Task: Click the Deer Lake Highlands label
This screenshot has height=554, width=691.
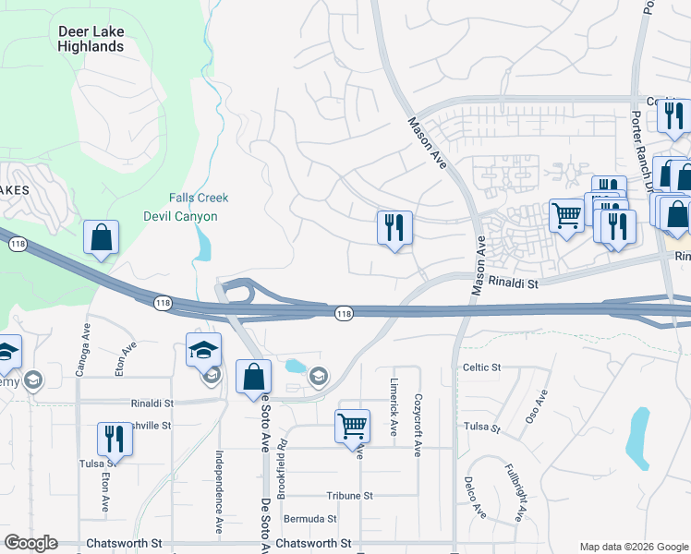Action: tap(91, 39)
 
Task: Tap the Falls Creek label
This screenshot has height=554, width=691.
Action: tap(199, 198)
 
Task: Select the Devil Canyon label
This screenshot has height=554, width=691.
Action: tap(180, 216)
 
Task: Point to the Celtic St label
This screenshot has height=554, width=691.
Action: tap(480, 367)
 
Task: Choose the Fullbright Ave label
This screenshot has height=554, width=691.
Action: tap(515, 499)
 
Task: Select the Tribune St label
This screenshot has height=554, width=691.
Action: tap(348, 496)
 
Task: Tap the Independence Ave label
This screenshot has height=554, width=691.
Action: tap(219, 479)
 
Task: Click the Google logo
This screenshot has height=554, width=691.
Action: tap(30, 543)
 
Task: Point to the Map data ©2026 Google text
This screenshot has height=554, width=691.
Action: tap(633, 547)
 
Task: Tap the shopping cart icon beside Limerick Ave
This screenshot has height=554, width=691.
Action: tap(352, 428)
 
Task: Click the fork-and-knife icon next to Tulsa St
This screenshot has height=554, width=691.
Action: tap(115, 439)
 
